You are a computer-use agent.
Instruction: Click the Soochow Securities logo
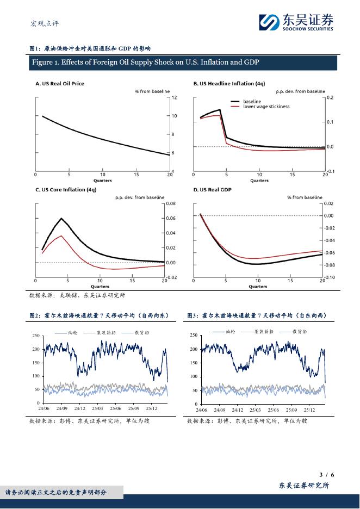(296, 22)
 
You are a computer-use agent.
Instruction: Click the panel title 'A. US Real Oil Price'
(60, 84)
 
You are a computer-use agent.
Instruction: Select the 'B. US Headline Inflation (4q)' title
(229, 84)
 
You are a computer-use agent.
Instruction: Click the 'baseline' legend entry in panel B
(252, 102)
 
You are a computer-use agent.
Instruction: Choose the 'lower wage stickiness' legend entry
(266, 107)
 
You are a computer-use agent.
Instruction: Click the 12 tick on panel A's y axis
(174, 98)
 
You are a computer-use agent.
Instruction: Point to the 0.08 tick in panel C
(171, 204)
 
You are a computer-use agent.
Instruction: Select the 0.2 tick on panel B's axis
(330, 97)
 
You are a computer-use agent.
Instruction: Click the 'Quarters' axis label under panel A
(102, 181)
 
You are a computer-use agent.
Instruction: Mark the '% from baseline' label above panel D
(305, 197)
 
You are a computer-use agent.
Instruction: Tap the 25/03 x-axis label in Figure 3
(255, 409)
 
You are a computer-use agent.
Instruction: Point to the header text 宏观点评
(44, 23)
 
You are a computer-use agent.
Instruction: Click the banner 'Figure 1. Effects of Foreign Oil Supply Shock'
(145, 63)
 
